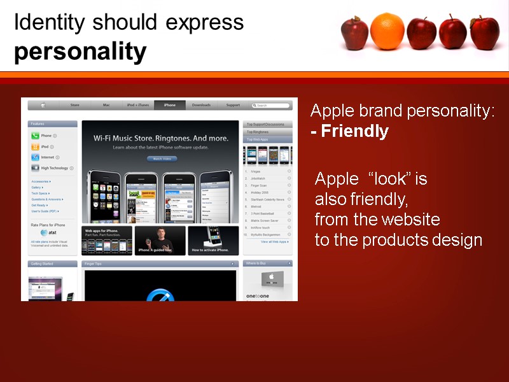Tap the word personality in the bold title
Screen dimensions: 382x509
80,52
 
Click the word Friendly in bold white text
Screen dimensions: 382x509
354,131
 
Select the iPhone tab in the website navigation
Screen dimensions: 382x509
169,105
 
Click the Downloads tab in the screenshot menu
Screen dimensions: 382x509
201,105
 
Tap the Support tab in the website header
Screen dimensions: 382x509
233,105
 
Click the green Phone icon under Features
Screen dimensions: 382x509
36,136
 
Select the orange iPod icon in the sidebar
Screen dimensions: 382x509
36,146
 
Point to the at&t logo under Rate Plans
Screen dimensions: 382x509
44,232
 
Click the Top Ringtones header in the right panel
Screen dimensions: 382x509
268,132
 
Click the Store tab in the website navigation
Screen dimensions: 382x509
74,105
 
